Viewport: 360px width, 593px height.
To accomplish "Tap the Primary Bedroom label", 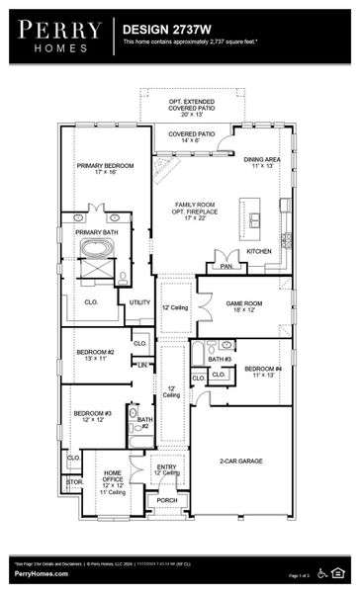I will (x=105, y=168).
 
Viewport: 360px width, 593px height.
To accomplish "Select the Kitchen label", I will (x=259, y=251).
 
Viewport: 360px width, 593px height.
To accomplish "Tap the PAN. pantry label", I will (x=226, y=266).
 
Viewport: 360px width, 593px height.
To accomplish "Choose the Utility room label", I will (x=139, y=302).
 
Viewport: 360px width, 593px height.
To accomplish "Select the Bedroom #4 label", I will (x=263, y=373).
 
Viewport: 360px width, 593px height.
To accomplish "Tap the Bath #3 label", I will (x=220, y=359).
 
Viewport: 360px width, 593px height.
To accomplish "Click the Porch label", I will (x=167, y=500).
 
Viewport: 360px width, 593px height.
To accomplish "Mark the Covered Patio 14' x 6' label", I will (x=191, y=136).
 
